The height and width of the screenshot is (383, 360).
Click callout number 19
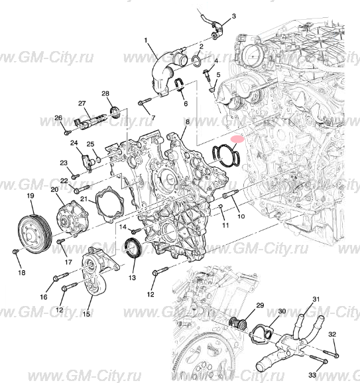[x=30, y=196]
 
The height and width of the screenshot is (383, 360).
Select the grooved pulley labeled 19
[x=31, y=230]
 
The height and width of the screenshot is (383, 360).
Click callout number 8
[x=188, y=122]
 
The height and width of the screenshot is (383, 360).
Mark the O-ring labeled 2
[x=196, y=61]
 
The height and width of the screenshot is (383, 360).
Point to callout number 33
[x=312, y=375]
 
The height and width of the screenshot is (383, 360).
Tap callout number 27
[x=82, y=104]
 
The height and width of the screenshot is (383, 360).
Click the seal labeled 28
[x=113, y=110]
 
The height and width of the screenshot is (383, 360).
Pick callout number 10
[x=241, y=216]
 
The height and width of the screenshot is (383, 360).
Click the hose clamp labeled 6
[x=179, y=84]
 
